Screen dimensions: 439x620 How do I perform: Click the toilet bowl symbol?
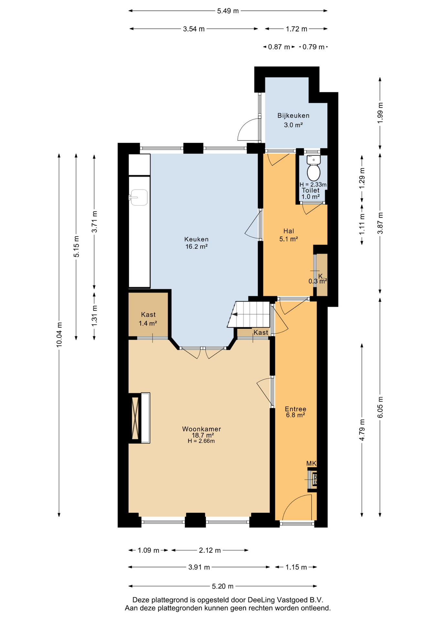click(x=313, y=168)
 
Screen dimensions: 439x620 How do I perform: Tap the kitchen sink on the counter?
click(x=138, y=197)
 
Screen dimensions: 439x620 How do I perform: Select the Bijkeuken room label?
click(x=293, y=116)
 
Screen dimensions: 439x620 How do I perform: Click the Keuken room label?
click(x=196, y=239)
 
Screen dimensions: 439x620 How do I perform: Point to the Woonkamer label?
click(x=201, y=429)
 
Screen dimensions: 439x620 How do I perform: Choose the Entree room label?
click(x=295, y=409)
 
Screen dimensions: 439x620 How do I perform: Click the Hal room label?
click(x=289, y=231)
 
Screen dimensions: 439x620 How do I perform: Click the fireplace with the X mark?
click(x=135, y=418)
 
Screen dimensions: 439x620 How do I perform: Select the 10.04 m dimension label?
click(x=59, y=335)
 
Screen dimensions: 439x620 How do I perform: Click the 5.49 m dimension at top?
click(x=228, y=11)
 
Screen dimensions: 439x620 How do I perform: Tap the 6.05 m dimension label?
click(x=380, y=407)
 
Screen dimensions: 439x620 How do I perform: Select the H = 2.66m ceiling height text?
click(x=201, y=441)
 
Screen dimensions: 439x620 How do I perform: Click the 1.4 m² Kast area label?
click(x=148, y=323)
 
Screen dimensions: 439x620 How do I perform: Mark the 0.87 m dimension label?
click(x=279, y=47)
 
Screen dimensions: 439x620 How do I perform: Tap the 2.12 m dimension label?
click(x=210, y=550)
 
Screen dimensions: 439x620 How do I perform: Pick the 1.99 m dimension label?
click(x=380, y=112)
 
